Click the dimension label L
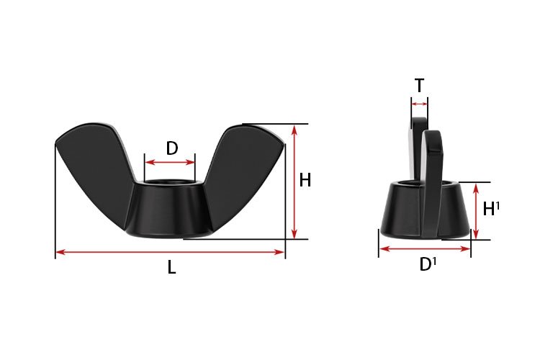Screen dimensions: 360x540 171,267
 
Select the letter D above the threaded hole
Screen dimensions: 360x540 172,148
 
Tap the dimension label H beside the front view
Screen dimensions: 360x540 305,181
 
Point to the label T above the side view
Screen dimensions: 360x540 419,86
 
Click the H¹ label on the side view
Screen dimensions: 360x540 491,210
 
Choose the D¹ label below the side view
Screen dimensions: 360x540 428,265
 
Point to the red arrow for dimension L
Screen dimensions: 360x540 171,251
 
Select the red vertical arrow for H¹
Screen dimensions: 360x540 475,211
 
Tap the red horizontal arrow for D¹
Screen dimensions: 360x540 425,249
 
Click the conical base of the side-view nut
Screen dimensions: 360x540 403,212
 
